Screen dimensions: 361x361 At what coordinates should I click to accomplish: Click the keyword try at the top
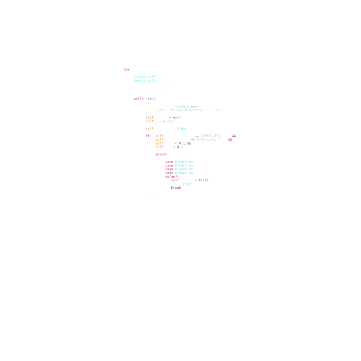click(127, 70)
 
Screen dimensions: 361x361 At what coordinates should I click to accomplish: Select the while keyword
click(139, 99)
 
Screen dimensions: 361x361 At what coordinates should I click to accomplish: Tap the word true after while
click(151, 99)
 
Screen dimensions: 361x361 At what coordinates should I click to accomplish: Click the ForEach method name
click(182, 106)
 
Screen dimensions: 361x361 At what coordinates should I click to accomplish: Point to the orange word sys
click(194, 106)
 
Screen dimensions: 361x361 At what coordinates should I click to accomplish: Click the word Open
click(161, 110)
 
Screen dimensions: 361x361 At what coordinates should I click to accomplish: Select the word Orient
click(177, 110)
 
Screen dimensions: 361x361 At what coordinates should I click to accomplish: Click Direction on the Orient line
click(194, 110)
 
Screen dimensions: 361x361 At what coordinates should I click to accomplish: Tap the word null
click(177, 117)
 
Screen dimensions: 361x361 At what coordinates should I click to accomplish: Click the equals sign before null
click(170, 117)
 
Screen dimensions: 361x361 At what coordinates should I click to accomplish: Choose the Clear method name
click(182, 129)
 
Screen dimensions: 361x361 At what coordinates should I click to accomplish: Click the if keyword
click(147, 136)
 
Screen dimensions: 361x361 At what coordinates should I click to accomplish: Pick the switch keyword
click(161, 154)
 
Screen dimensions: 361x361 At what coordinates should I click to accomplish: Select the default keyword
click(172, 177)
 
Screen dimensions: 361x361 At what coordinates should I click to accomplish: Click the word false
click(203, 180)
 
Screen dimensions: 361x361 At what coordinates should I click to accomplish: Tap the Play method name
click(186, 184)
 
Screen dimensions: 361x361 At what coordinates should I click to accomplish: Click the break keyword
click(176, 188)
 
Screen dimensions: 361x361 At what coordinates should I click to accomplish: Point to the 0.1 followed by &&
click(182, 143)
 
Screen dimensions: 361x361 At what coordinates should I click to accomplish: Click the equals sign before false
click(196, 180)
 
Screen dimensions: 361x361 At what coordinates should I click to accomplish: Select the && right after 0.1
click(189, 143)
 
